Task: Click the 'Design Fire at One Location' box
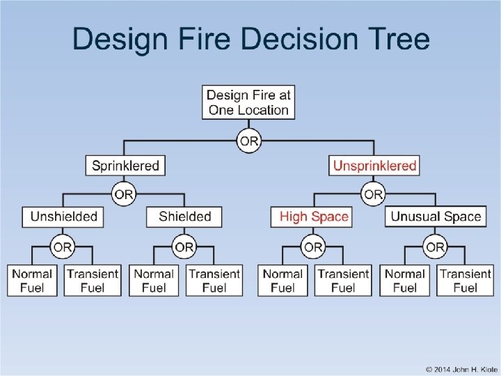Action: tap(248, 102)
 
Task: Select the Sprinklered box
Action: tap(126, 166)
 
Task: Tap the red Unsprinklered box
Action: tap(374, 166)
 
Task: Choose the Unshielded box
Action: tap(63, 217)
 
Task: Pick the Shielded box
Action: tap(184, 217)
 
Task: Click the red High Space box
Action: tap(313, 217)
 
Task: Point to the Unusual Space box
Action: tap(436, 217)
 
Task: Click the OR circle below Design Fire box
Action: tap(248, 141)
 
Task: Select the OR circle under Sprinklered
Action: tap(124, 193)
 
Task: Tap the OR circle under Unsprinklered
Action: tap(374, 193)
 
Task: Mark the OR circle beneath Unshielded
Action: tap(63, 246)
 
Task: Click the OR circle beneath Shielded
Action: tap(184, 246)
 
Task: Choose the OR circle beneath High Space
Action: tap(313, 246)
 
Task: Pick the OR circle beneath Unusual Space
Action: tap(436, 246)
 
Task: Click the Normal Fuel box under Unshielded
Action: tap(32, 281)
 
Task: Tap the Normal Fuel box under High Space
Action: tap(283, 281)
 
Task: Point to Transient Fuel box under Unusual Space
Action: tap(466, 281)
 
